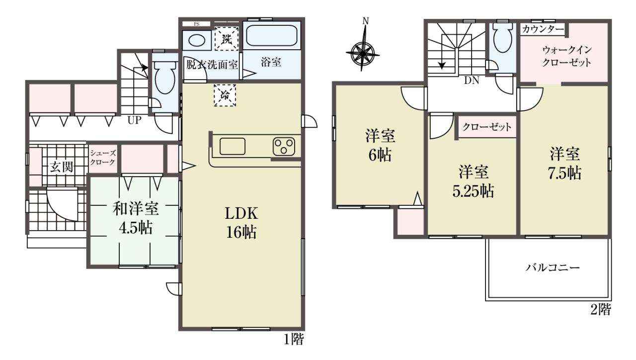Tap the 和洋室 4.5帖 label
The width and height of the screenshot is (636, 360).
136,218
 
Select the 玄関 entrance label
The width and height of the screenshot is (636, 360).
62,167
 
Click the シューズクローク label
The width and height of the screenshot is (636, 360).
103,158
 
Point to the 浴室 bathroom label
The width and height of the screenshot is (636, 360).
271,62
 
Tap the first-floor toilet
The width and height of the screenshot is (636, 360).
165,77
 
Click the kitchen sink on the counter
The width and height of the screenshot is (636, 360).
232,147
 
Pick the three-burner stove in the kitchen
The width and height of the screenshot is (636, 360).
284,147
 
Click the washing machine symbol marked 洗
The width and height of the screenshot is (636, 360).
226,39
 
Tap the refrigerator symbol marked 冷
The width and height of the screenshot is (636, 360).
225,95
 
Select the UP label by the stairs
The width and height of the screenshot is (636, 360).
134,120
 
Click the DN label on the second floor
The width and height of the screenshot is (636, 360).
472,81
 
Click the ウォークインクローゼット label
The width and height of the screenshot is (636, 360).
567,57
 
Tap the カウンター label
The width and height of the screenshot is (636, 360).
543,29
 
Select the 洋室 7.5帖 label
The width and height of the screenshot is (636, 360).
565,164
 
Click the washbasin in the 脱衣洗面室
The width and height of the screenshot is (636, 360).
196,40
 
